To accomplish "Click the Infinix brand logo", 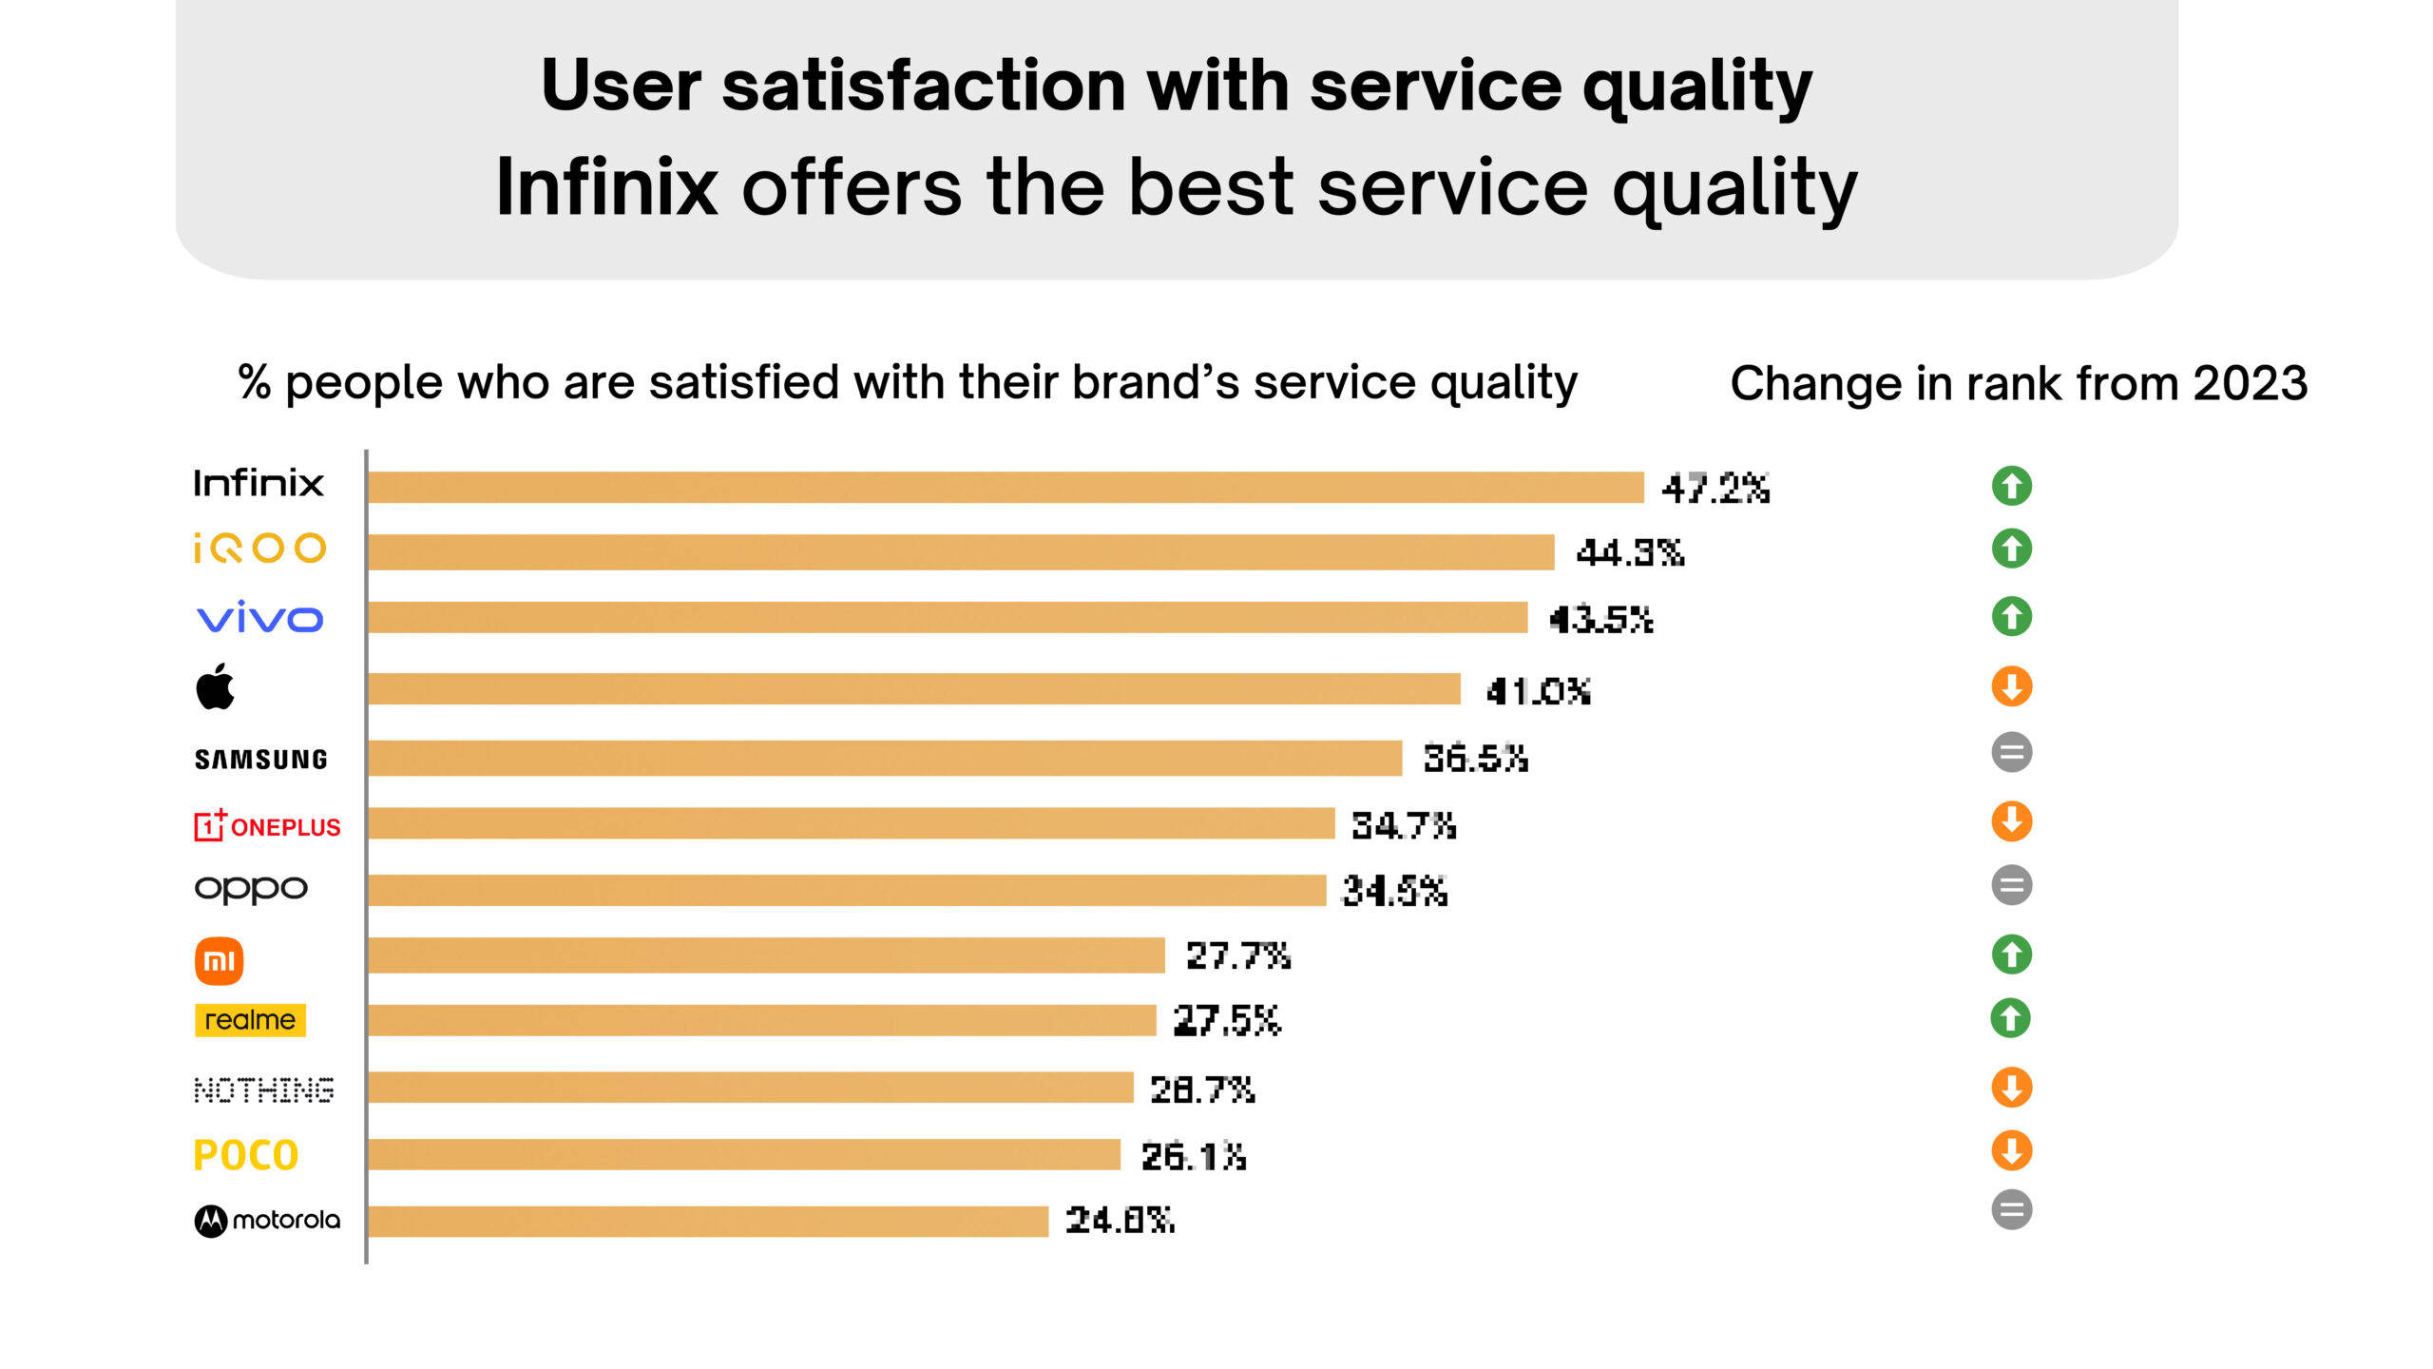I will coord(258,483).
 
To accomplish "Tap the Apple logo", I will coord(216,686).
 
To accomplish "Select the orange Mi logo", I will coord(219,960).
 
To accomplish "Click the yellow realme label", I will coord(250,1020).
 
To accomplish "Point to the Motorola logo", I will coord(266,1220).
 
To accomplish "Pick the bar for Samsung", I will coord(884,758).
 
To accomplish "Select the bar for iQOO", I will coord(960,551).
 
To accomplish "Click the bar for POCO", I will coord(743,1154).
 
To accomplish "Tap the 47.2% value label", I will coord(1715,489).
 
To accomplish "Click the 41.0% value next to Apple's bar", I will coord(1538,691).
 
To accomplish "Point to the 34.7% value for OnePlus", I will coord(1403,825).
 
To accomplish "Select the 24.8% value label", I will coord(1120,1220).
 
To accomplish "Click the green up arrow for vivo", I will coord(2011,616).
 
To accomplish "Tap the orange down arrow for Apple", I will coord(2011,685).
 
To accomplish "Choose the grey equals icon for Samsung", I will coord(2011,753).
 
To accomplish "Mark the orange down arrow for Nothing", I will coord(2011,1087).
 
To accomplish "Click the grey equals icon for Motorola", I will coord(2011,1209).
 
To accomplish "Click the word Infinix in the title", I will coord(606,187).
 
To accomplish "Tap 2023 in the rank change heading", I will coord(2250,383).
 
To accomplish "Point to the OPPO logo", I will coord(251,889).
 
